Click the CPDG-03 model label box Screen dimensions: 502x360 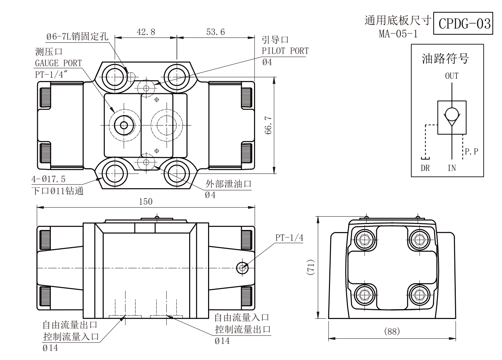point(463,23)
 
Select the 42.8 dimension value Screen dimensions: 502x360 point(146,32)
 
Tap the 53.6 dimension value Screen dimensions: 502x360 point(215,32)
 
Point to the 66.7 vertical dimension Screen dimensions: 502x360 point(268,125)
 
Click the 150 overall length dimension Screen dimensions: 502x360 point(146,202)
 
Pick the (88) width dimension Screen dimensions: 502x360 point(392,331)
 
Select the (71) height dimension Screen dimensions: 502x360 point(311,267)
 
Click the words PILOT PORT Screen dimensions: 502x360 point(285,51)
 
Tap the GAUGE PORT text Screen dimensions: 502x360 point(59,63)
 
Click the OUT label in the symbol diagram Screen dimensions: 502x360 point(452,76)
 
